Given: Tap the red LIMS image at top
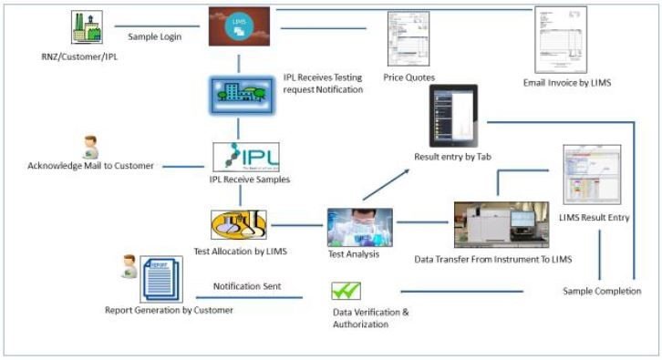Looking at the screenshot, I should click(239, 26).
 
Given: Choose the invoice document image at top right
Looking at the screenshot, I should click(560, 40).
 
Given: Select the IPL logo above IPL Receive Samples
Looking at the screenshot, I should click(245, 157).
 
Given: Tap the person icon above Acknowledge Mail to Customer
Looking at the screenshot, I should click(90, 147).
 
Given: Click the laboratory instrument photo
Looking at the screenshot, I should click(501, 224).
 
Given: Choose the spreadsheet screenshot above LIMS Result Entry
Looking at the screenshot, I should click(591, 174).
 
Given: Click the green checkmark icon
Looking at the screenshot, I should click(346, 292).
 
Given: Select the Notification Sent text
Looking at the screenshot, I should click(246, 286).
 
